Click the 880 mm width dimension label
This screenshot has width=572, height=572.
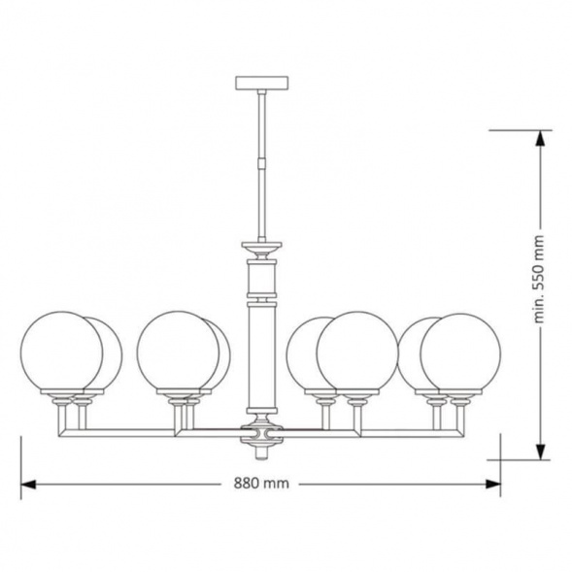tap(261, 484)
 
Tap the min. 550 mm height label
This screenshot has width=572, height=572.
tap(539, 280)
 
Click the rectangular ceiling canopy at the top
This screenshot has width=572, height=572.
tap(262, 83)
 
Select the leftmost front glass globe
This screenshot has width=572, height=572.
tap(61, 352)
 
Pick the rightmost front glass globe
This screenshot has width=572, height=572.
tap(460, 353)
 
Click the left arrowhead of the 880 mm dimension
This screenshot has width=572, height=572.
tap(28, 484)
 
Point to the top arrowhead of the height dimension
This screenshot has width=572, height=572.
tap(541, 138)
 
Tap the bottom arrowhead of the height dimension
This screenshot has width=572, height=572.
tap(541, 452)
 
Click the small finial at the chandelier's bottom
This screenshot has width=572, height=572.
tap(261, 454)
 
